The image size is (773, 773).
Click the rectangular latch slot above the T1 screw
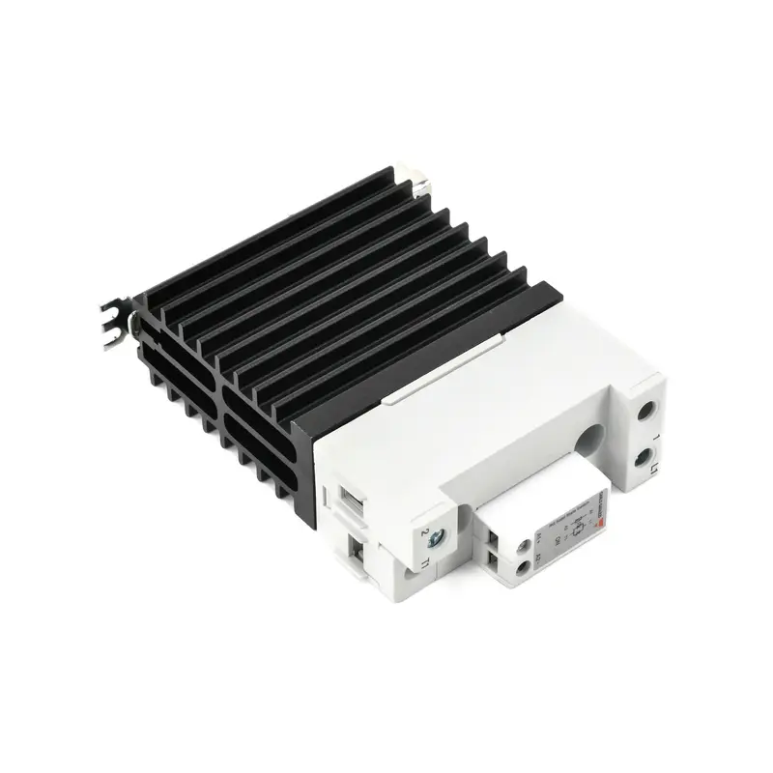[x=351, y=499]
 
